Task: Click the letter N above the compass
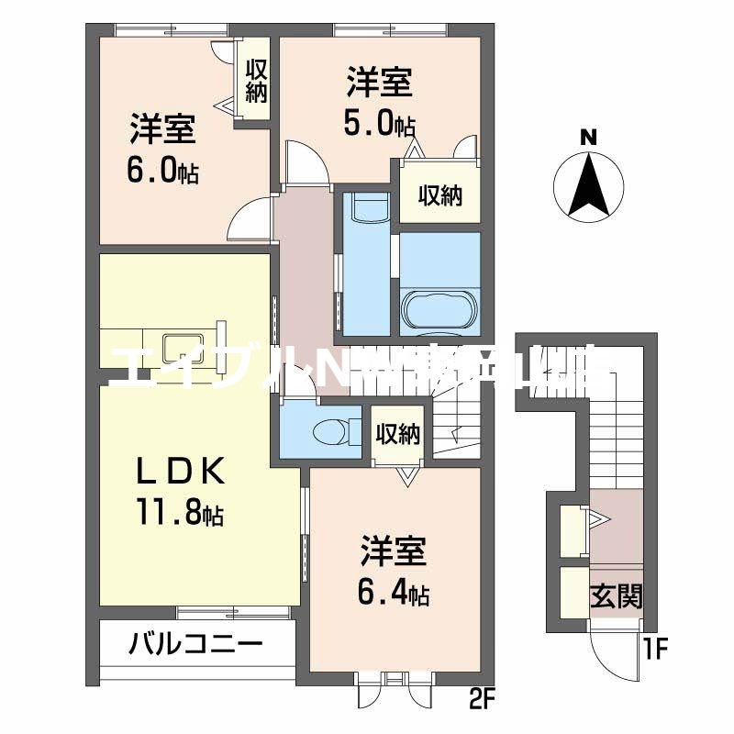589,139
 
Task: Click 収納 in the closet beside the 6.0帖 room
254,83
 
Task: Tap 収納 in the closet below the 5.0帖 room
439,195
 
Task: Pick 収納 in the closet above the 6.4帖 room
398,432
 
